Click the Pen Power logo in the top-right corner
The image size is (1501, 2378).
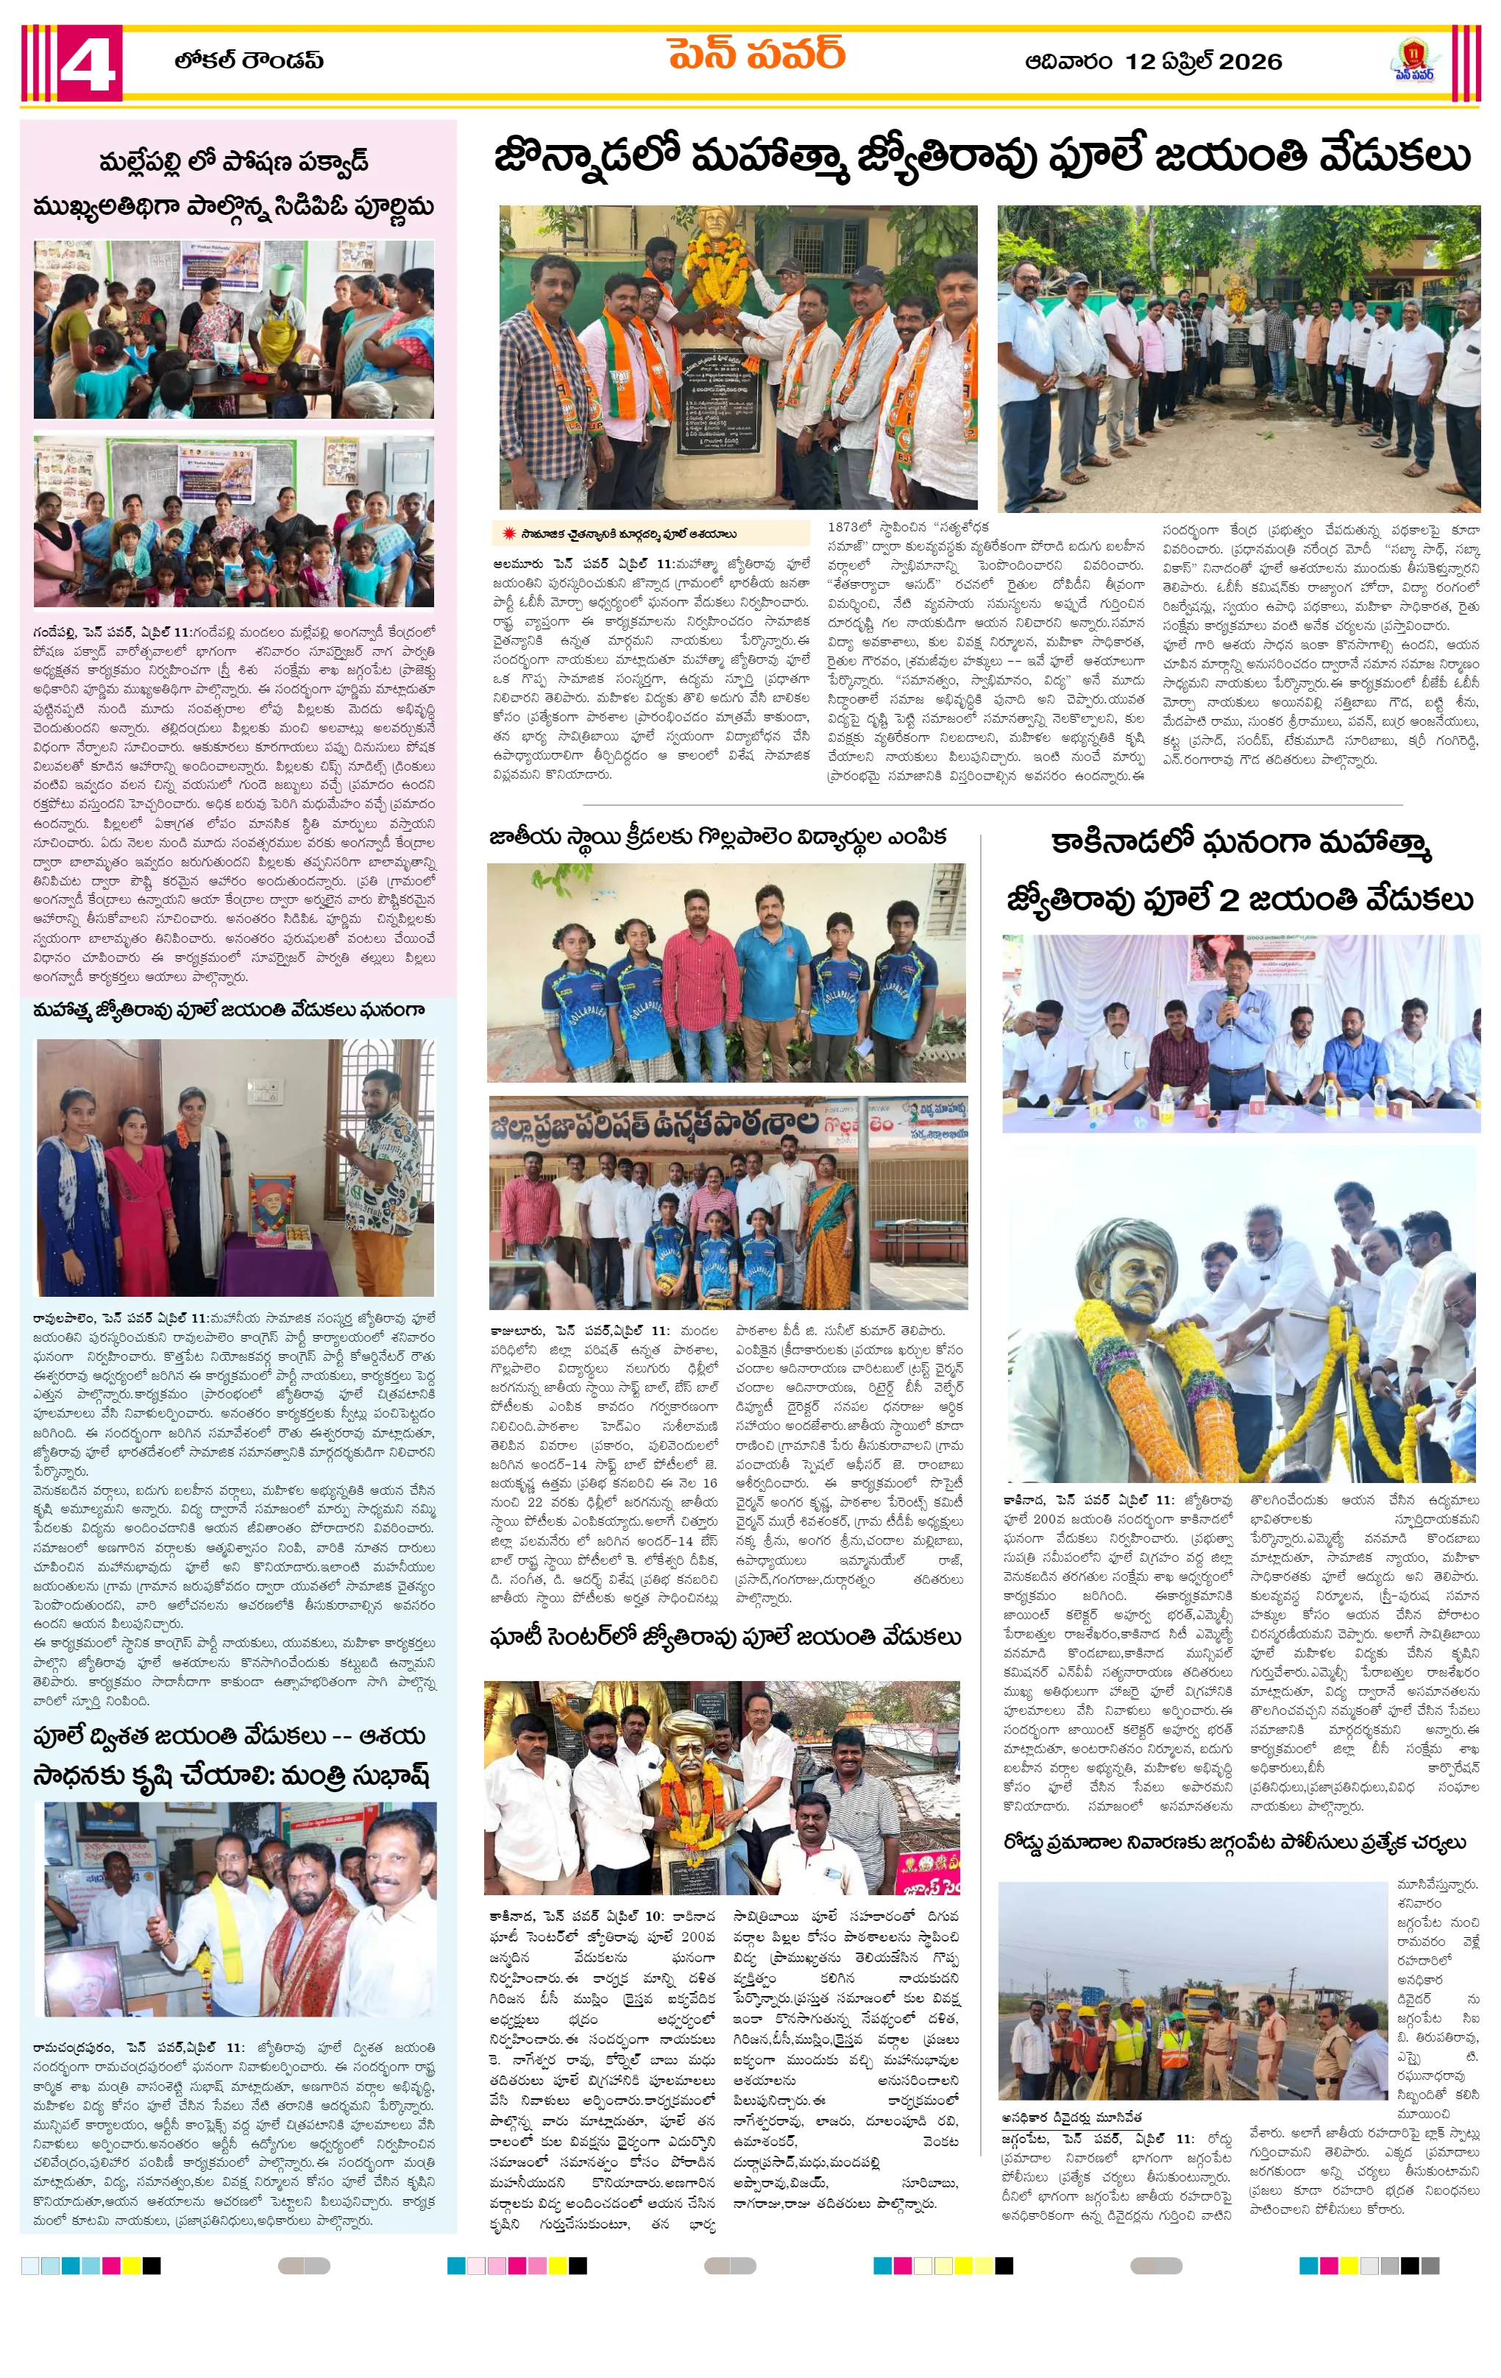click(1414, 60)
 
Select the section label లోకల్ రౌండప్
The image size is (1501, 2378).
click(249, 60)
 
